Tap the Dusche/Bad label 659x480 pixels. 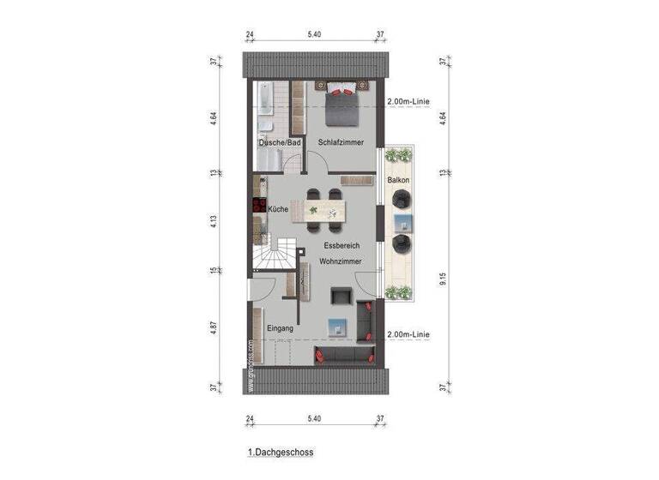click(x=280, y=143)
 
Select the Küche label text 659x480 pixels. click(x=277, y=209)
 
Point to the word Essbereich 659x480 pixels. click(x=329, y=246)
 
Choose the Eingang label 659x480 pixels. click(x=280, y=328)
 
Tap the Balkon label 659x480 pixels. click(x=398, y=180)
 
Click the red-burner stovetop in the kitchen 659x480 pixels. click(x=257, y=206)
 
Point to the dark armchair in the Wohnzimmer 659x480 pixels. click(x=341, y=296)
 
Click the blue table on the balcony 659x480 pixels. click(x=402, y=223)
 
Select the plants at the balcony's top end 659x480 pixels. click(x=398, y=155)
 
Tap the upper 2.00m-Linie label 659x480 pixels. click(x=408, y=101)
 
